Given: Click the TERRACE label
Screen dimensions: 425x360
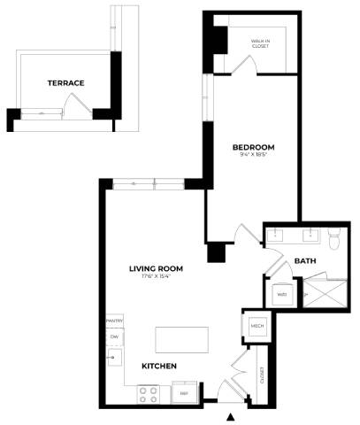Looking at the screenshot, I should [x=65, y=83].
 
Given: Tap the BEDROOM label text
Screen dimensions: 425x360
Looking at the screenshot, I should [x=253, y=147].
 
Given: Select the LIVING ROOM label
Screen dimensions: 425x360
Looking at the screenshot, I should [x=155, y=269].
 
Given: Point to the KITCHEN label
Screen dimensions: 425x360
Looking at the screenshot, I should [x=159, y=366].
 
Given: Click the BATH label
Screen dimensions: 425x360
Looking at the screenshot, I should [x=305, y=261].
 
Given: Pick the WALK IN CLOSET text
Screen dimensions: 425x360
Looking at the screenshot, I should [x=260, y=43].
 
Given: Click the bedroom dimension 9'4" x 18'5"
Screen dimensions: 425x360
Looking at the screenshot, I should [x=253, y=156].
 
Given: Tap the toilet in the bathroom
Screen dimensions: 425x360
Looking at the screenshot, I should [x=334, y=239].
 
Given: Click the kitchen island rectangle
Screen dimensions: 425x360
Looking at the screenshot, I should [x=182, y=340].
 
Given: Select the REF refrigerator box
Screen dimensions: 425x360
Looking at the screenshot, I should [x=184, y=392].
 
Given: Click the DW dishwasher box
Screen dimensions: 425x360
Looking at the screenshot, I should [x=114, y=337].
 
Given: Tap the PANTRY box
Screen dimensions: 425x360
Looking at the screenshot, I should [x=114, y=321].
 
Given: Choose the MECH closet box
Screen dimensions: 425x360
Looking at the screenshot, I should [x=258, y=326].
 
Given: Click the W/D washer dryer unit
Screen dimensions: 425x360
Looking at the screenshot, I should [x=282, y=294].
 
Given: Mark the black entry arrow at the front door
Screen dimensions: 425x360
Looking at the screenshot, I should [x=231, y=416].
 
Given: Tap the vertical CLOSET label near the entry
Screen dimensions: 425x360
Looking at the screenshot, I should [x=263, y=375].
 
